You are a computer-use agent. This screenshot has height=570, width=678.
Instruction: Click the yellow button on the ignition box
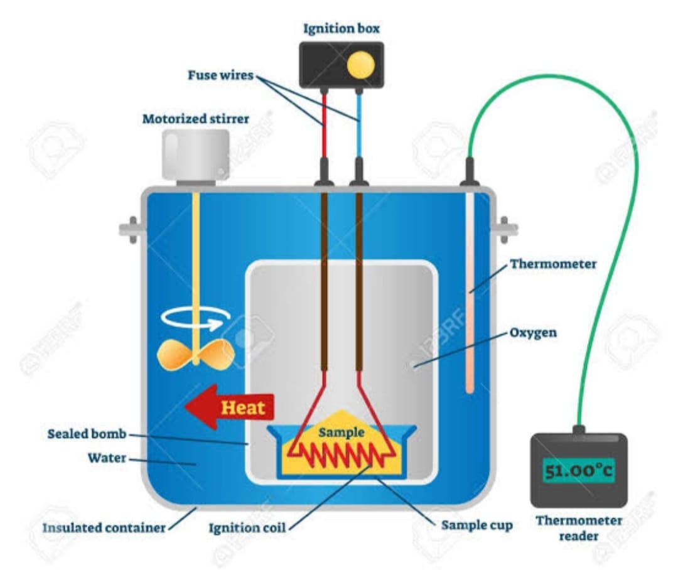pyautogui.click(x=360, y=65)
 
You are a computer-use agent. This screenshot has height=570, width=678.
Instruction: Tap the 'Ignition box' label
pyautogui.click(x=341, y=28)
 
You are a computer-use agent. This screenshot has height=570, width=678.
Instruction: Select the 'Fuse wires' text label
pyautogui.click(x=220, y=75)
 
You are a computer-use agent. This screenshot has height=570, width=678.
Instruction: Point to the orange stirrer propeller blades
pyautogui.click(x=196, y=355)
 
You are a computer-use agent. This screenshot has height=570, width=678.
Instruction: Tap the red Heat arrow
pyautogui.click(x=229, y=407)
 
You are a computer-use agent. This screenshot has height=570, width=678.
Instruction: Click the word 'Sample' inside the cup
pyautogui.click(x=341, y=432)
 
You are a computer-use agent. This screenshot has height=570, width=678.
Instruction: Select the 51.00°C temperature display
pyautogui.click(x=579, y=470)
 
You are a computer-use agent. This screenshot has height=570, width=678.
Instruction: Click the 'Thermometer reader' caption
pyautogui.click(x=579, y=528)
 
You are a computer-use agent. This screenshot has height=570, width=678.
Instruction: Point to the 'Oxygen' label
pyautogui.click(x=533, y=333)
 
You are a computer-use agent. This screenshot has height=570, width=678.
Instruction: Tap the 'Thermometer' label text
pyautogui.click(x=553, y=264)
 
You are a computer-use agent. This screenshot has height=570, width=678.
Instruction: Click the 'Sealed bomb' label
pyautogui.click(x=87, y=434)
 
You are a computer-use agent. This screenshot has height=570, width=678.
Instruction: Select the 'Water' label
pyautogui.click(x=107, y=458)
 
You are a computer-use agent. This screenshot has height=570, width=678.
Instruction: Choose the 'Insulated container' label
pyautogui.click(x=104, y=527)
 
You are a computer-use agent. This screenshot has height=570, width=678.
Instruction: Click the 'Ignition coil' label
pyautogui.click(x=247, y=528)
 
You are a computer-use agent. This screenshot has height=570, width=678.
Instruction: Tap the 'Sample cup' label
pyautogui.click(x=477, y=525)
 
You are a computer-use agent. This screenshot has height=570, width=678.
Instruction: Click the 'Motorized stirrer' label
pyautogui.click(x=195, y=119)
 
